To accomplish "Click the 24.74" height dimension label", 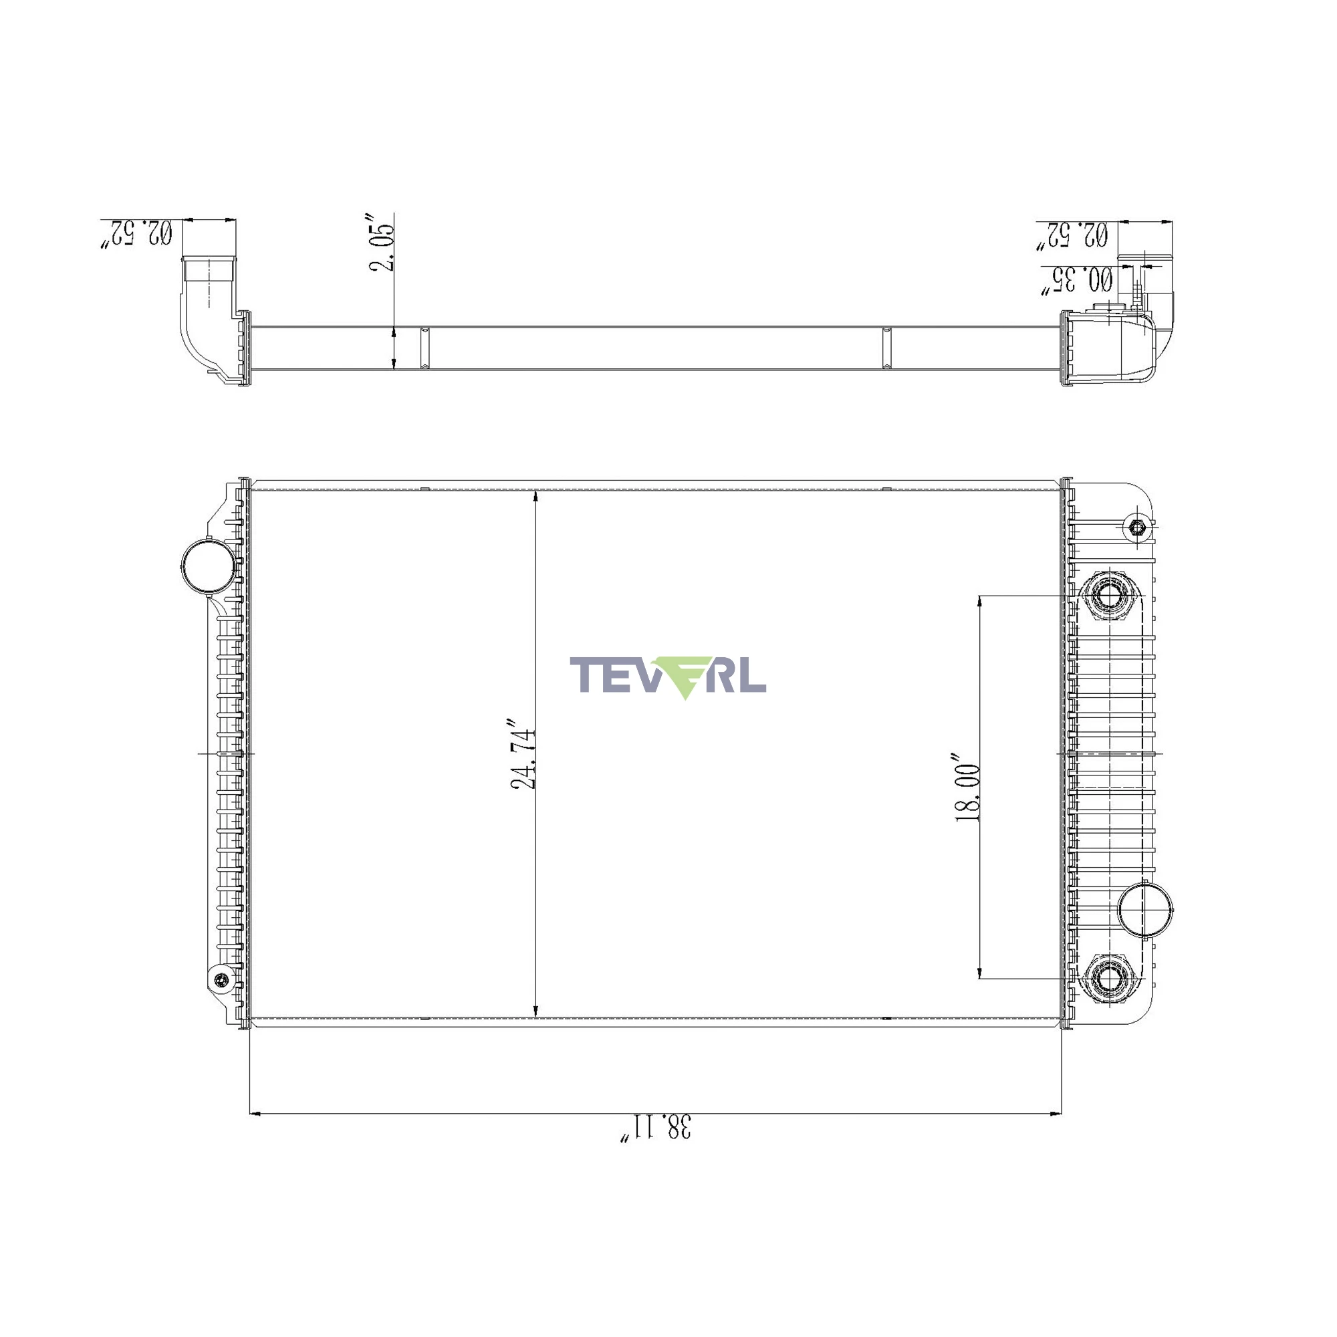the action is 523,759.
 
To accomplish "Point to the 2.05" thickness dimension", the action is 382,243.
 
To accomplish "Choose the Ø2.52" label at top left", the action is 137,233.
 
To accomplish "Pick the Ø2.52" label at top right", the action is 1073,235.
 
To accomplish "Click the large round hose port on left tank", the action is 208,565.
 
